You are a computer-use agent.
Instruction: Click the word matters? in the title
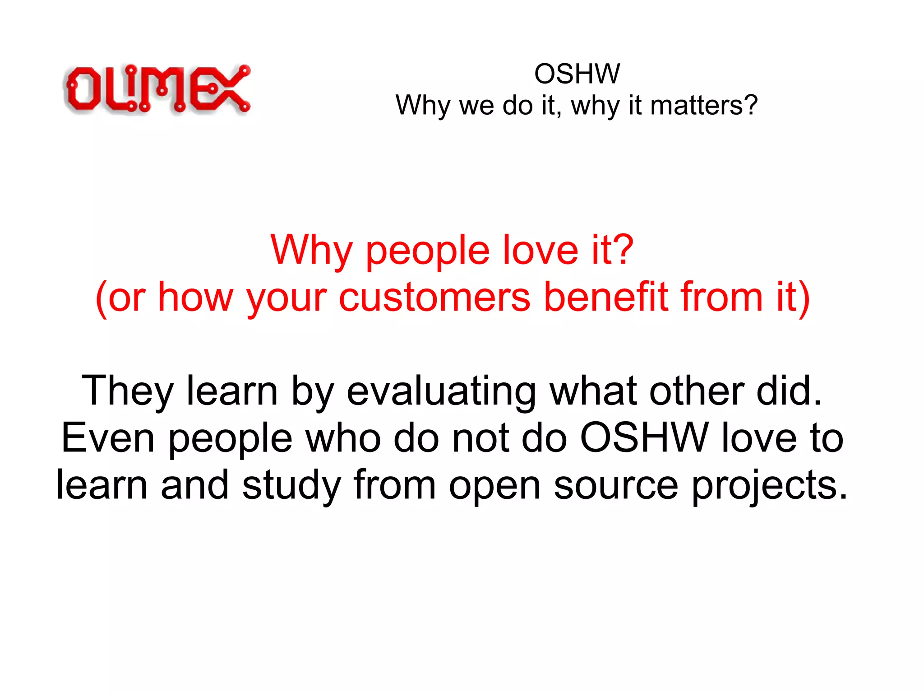[704, 105]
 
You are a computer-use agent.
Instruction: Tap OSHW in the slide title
[577, 74]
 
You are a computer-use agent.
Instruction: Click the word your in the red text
[286, 298]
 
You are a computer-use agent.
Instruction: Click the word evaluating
[441, 391]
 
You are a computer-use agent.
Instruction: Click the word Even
[108, 437]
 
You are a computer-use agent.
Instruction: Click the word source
[616, 486]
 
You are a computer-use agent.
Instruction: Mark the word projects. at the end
[770, 486]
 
